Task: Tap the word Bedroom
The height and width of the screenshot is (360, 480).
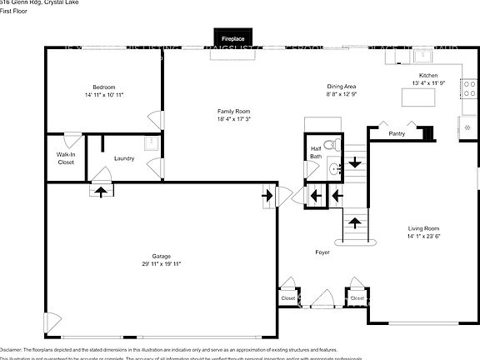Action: pyautogui.click(x=103, y=87)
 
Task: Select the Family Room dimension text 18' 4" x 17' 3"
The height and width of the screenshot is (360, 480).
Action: pyautogui.click(x=232, y=119)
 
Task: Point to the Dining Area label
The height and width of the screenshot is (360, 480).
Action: pyautogui.click(x=342, y=87)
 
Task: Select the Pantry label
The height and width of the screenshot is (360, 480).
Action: pyautogui.click(x=397, y=132)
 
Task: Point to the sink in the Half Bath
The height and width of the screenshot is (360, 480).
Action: pyautogui.click(x=334, y=169)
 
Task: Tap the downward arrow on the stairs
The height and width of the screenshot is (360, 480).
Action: pyautogui.click(x=354, y=162)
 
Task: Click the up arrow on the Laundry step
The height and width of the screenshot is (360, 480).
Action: pyautogui.click(x=102, y=191)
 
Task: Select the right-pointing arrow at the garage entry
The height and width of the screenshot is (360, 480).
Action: pyautogui.click(x=267, y=197)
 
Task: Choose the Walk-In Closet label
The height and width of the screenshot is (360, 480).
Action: pyautogui.click(x=65, y=158)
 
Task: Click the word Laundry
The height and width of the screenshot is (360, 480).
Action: pyautogui.click(x=125, y=158)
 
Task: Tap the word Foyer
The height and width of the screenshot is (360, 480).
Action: pyautogui.click(x=322, y=252)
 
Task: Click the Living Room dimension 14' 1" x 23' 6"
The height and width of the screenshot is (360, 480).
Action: pyautogui.click(x=422, y=237)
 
